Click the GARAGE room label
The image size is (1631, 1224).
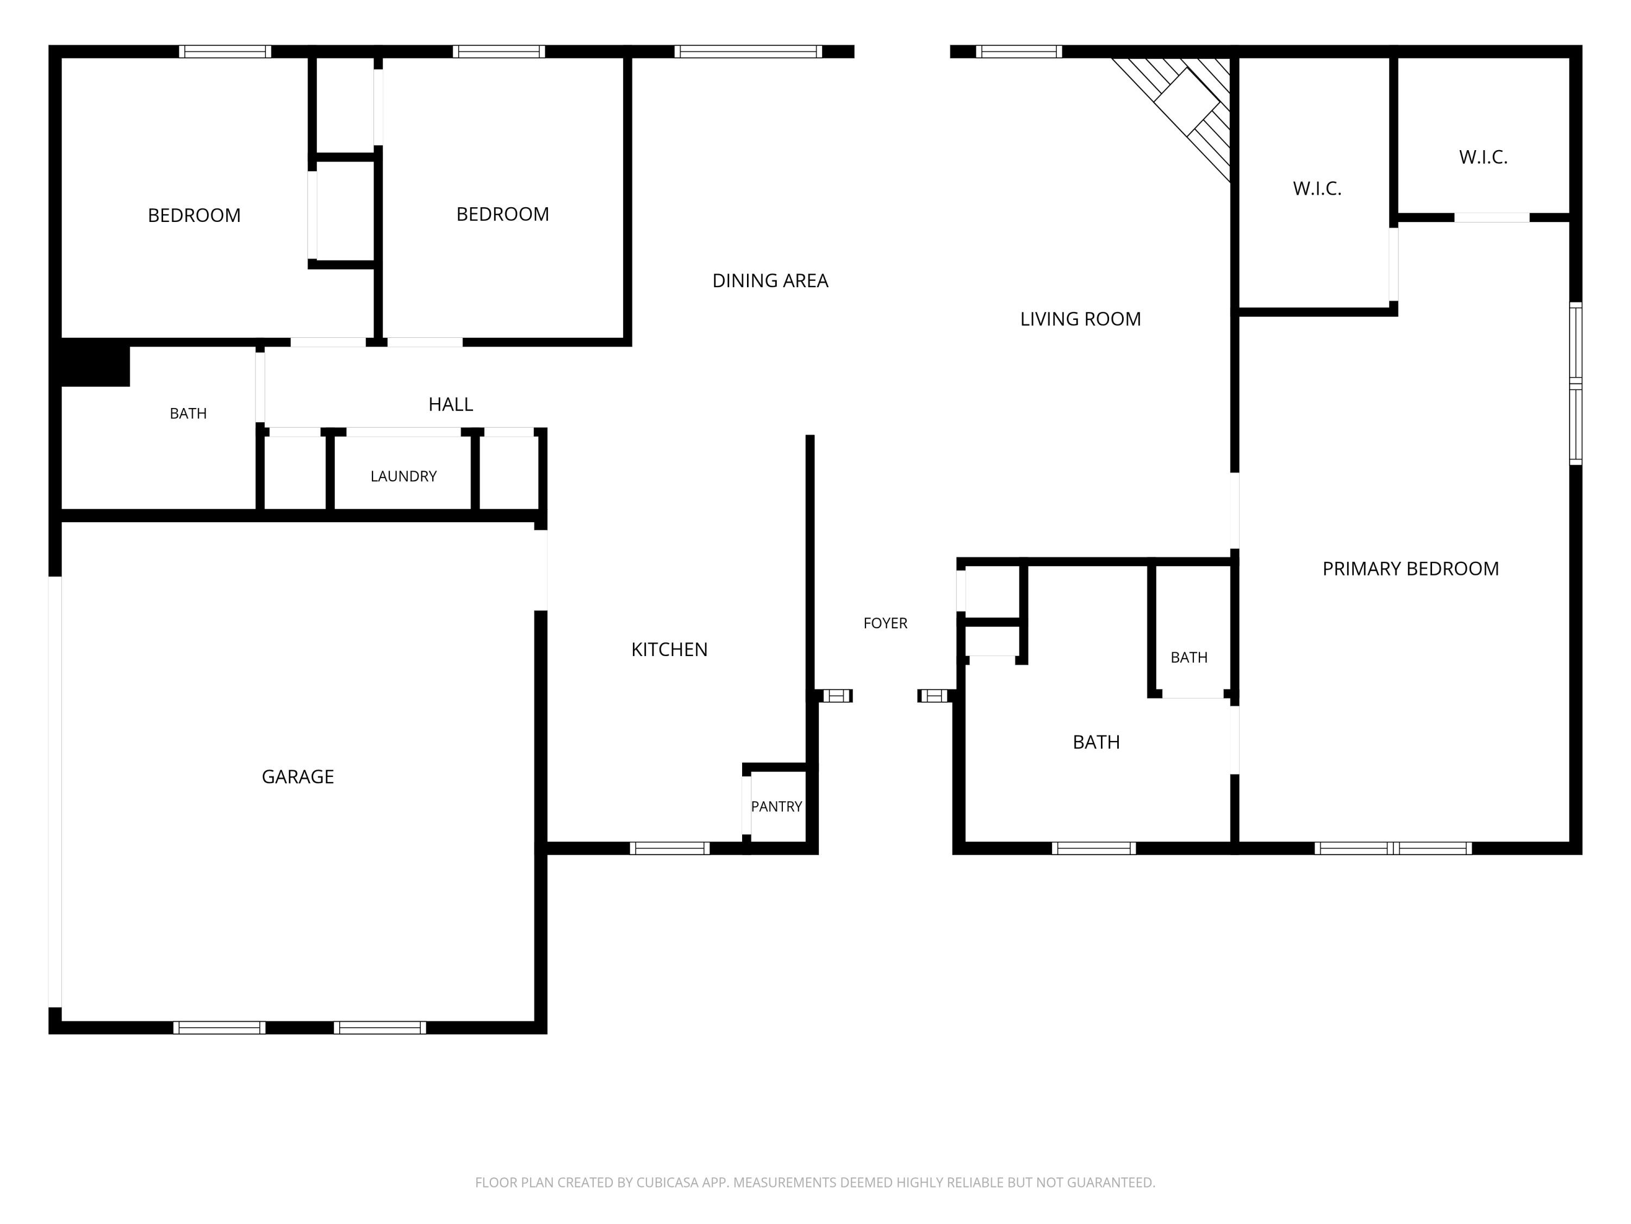(x=298, y=776)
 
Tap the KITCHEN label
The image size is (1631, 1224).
(x=669, y=649)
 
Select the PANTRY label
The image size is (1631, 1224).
(x=776, y=806)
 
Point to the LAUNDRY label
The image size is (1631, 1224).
(x=403, y=476)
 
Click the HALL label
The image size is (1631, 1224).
(x=451, y=404)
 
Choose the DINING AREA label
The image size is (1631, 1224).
(x=770, y=280)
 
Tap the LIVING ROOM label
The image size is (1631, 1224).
(x=1080, y=319)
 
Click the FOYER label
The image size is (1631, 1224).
(x=886, y=623)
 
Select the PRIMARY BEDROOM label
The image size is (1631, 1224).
(x=1410, y=569)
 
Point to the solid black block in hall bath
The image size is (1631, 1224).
(x=95, y=362)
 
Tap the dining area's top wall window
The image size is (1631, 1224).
(x=748, y=52)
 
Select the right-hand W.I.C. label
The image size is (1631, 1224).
(x=1483, y=157)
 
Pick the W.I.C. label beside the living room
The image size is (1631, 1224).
(x=1317, y=189)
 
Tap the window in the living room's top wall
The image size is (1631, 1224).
(x=1019, y=52)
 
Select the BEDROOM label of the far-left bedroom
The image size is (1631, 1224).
(x=194, y=215)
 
